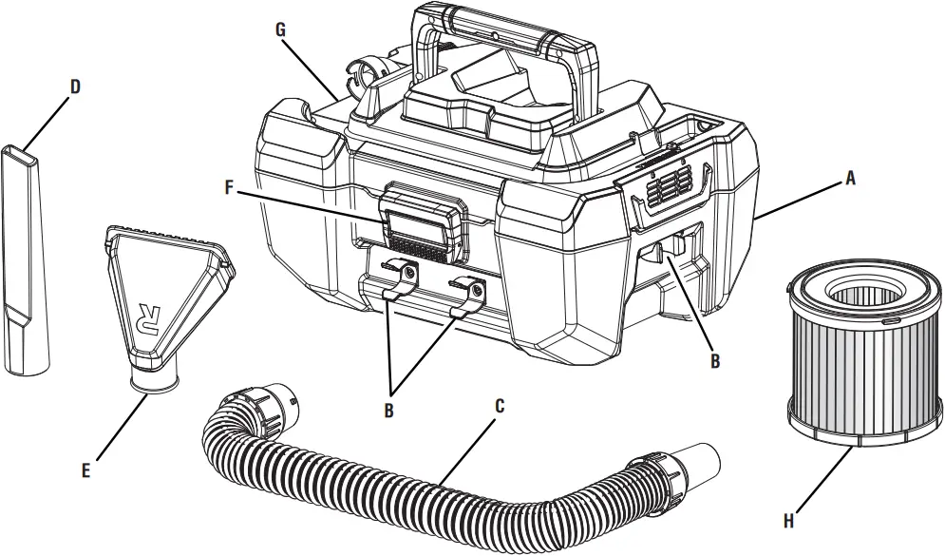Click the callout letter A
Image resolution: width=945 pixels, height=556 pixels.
[850, 177]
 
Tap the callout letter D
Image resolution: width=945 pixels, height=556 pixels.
[76, 86]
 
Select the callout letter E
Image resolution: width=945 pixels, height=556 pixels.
[86, 469]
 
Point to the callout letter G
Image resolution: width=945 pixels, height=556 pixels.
[280, 29]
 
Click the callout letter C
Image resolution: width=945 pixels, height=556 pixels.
[500, 405]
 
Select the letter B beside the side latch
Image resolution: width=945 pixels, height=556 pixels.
[714, 360]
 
